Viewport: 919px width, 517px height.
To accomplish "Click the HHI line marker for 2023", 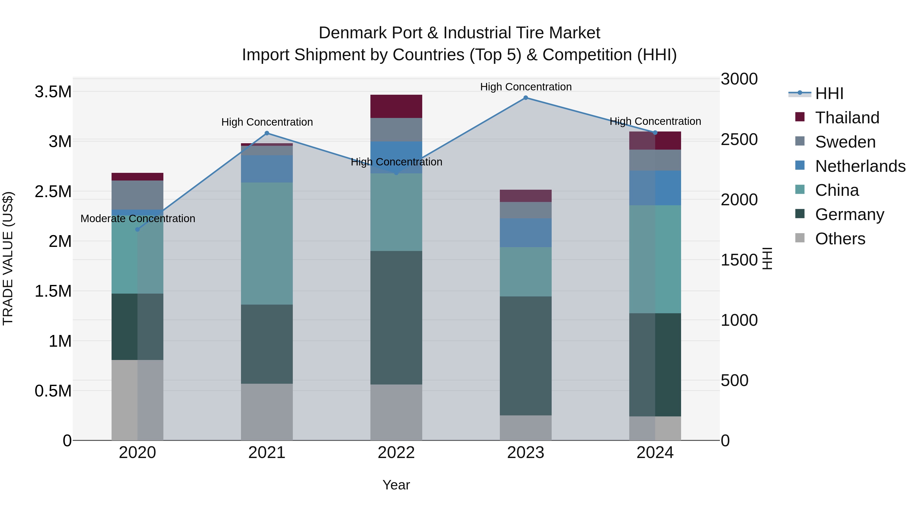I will point(526,98).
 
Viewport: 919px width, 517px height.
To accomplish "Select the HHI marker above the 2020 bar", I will point(137,230).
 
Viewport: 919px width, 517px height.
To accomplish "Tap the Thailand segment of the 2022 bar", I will point(396,106).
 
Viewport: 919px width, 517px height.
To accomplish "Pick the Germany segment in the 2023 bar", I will point(526,356).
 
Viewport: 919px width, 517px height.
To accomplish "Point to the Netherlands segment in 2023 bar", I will point(526,233).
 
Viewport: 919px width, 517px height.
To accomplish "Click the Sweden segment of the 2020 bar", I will point(137,195).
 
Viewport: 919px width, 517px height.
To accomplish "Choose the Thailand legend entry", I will point(847,118).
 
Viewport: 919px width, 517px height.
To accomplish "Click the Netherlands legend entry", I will point(860,166).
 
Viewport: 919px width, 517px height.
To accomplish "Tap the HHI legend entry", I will point(829,93).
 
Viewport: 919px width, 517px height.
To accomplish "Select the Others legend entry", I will point(840,239).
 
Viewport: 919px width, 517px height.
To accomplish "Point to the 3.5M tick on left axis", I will point(53,92).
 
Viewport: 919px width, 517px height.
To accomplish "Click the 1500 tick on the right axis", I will point(739,260).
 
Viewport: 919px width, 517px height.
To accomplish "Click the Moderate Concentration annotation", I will point(138,218).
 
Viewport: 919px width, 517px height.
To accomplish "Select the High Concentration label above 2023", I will point(526,87).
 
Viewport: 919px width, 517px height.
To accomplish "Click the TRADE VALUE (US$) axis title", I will point(8,258).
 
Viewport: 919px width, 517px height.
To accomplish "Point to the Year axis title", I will point(396,485).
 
